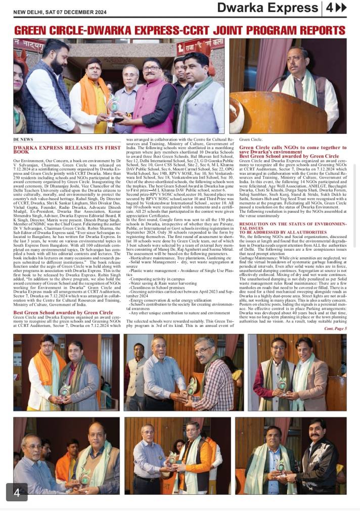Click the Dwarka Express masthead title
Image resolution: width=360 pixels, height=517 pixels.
coord(267,8)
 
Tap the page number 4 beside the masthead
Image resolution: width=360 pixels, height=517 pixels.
coord(329,8)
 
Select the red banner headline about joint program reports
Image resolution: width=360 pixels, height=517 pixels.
coord(179,30)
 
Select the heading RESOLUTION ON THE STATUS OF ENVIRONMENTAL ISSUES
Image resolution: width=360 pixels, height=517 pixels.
coord(292,225)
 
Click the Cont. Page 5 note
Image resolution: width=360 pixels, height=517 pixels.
coord(335,328)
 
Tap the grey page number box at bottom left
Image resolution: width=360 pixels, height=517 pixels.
coord(17,492)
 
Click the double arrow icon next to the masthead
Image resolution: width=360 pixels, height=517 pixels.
coord(342,8)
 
